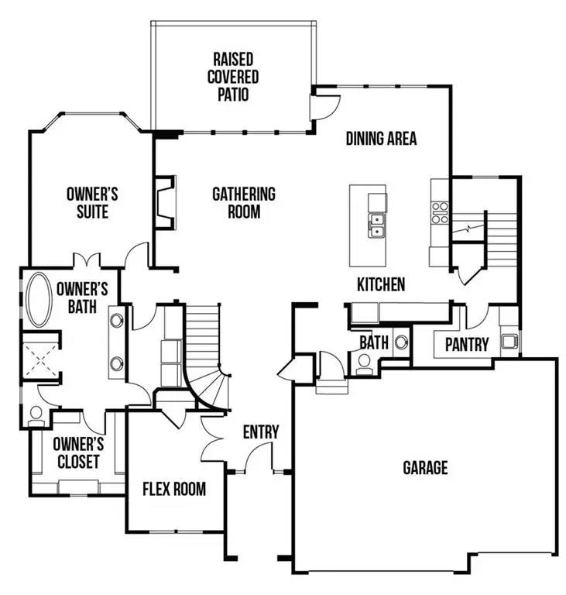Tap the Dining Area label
[x=381, y=139]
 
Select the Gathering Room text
[x=244, y=202]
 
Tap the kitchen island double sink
[x=377, y=225]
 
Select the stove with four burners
[x=440, y=212]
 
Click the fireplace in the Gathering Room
[x=164, y=204]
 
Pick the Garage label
[x=425, y=467]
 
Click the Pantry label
[x=466, y=343]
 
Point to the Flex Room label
[x=174, y=489]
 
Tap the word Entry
[x=260, y=432]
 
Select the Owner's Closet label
[x=77, y=453]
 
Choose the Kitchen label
[x=380, y=284]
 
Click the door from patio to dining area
[x=320, y=108]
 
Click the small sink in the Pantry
[x=509, y=340]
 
